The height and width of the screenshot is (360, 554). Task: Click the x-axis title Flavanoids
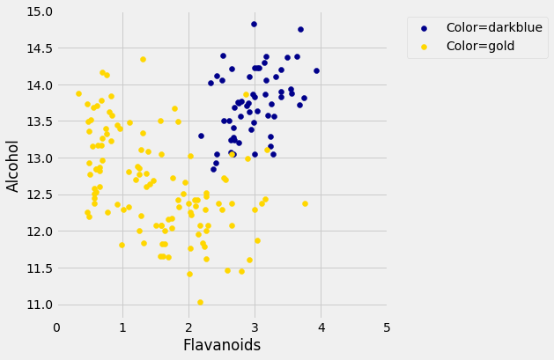point(221,345)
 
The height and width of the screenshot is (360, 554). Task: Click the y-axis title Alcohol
point(13,165)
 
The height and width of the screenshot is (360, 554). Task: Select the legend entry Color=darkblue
point(492,27)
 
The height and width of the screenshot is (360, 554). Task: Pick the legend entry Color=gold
point(480,46)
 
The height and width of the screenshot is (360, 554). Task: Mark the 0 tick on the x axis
point(56,328)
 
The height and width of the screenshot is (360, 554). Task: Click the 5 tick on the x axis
point(388,328)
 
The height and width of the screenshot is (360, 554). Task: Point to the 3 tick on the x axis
point(255,328)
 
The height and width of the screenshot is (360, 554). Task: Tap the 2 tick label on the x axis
point(188,328)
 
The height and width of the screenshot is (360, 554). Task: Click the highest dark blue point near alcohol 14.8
point(254,25)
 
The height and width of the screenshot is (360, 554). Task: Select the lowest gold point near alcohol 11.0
point(200,302)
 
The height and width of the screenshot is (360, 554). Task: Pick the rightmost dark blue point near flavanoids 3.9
point(316,70)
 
